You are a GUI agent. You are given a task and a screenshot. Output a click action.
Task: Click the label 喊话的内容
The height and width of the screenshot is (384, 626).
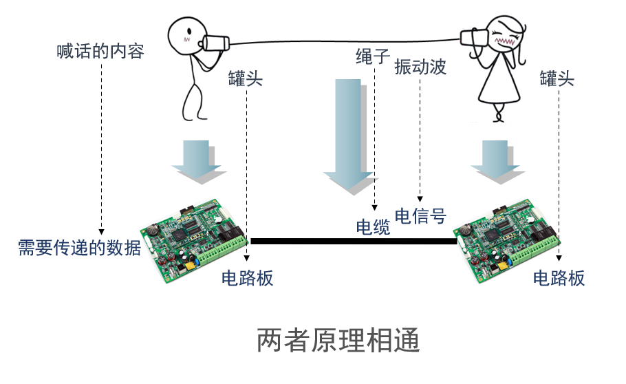tap(100, 52)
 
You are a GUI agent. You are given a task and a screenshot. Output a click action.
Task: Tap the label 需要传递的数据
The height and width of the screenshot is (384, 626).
tap(80, 248)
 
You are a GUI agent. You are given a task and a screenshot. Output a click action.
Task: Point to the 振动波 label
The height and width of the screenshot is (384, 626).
tap(420, 67)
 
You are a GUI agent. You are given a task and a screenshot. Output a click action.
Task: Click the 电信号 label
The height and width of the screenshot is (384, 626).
tap(421, 217)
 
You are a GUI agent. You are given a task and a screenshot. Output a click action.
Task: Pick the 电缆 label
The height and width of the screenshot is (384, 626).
tap(373, 227)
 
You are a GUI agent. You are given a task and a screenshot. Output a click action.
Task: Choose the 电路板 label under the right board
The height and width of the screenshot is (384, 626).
tap(559, 278)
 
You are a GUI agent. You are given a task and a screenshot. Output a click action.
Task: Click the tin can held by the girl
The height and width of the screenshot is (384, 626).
tap(474, 39)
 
